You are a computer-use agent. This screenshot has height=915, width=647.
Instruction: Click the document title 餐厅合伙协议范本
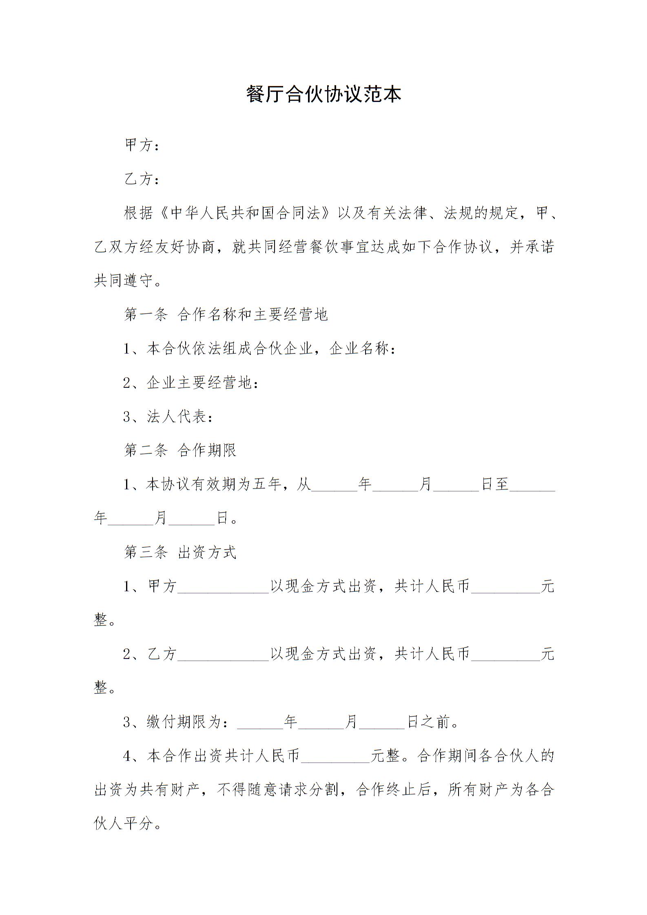coord(323,95)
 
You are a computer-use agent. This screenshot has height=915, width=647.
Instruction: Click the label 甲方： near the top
coord(141,146)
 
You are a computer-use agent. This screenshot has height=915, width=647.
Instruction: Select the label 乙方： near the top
coord(141,179)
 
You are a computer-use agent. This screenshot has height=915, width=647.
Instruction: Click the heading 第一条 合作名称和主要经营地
coord(226,314)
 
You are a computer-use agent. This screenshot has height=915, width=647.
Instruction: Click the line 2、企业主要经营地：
coord(191,383)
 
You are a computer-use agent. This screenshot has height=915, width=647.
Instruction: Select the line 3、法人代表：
coord(168,417)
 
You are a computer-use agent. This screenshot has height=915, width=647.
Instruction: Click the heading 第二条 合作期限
coord(180,451)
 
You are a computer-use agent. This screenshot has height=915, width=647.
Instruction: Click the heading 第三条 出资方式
coord(180,553)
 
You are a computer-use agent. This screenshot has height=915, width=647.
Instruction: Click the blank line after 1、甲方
coord(223,587)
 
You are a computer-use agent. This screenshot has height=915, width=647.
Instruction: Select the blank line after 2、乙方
coord(223,655)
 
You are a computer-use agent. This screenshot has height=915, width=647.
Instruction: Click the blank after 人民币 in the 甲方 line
coord(505,587)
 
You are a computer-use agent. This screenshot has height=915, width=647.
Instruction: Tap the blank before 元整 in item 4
coord(335,757)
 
